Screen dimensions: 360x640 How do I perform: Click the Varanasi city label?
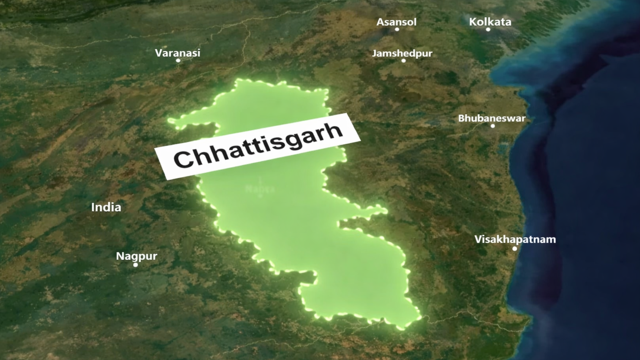coord(177,53)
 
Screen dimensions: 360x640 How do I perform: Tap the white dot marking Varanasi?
coord(178,60)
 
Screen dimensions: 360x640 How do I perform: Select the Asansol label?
coord(396,22)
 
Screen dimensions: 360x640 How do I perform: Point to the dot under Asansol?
coord(397,29)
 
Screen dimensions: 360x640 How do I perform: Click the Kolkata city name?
coord(490,22)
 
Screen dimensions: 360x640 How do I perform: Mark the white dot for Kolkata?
coord(488,29)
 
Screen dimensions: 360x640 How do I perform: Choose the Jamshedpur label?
coord(402,53)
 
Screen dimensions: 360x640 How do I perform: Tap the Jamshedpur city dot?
coord(403,61)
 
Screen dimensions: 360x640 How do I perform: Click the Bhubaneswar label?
coord(492,118)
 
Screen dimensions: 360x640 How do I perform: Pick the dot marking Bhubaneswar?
coord(492,126)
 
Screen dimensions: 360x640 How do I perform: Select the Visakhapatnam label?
coord(515,240)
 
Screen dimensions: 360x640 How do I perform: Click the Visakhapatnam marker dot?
coord(514,248)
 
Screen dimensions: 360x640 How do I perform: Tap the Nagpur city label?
coord(136,256)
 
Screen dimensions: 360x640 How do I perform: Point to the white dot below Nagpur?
coord(136,265)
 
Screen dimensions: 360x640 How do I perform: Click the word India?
coord(106,207)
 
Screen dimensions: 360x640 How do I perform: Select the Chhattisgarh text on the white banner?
coord(258,146)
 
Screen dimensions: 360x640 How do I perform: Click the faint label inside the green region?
coord(260,188)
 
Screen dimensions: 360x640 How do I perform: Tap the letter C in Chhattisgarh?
coord(182,160)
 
